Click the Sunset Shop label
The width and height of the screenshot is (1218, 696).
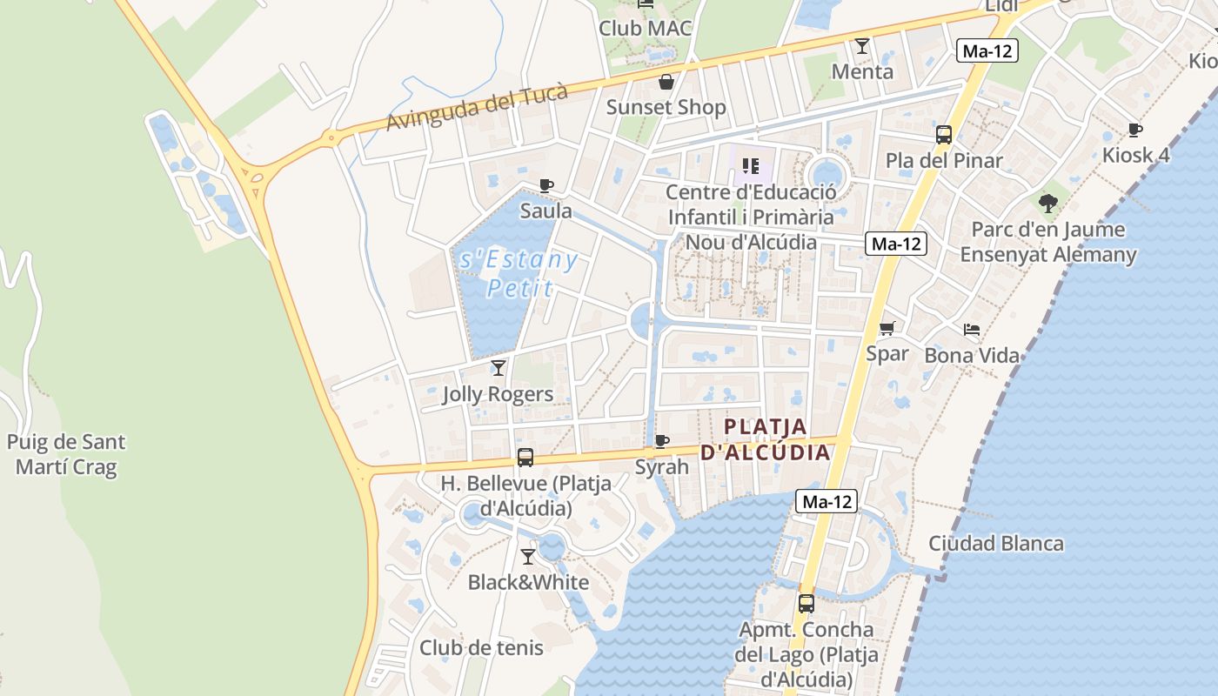[666, 107]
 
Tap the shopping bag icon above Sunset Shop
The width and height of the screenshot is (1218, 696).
[666, 83]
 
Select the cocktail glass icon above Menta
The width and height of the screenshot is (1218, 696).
[862, 46]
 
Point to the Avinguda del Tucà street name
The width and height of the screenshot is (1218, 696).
[477, 107]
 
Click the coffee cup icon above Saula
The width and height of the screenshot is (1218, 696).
[545, 185]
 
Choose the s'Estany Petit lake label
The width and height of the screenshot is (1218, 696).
[519, 273]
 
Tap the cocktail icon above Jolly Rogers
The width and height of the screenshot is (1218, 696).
[498, 368]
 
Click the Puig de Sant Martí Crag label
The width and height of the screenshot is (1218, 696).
[66, 454]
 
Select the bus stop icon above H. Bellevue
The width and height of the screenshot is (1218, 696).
[525, 458]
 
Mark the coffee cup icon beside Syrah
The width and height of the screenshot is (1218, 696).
[662, 441]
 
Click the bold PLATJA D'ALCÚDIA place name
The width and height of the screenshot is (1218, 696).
[766, 439]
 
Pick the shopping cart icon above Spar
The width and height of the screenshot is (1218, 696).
[887, 329]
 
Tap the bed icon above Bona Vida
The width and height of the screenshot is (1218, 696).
[972, 330]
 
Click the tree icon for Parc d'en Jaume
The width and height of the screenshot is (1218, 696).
[1048, 204]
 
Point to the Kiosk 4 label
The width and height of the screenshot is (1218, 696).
[1135, 156]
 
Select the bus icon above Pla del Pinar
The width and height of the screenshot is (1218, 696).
[944, 135]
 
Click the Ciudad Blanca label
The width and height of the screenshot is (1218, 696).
[995, 544]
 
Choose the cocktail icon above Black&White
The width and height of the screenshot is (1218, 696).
[528, 557]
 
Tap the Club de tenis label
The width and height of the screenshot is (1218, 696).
[481, 648]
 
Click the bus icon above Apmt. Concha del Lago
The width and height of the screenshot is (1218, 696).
[806, 604]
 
